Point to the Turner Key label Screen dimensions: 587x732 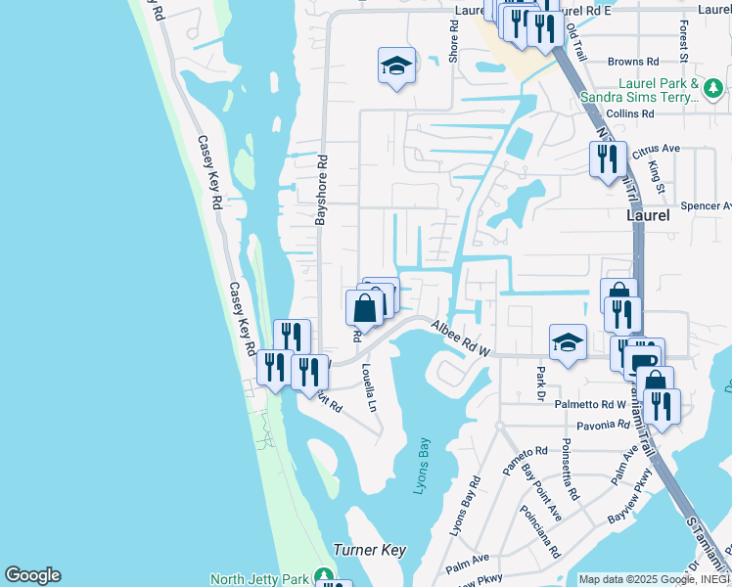[369, 550]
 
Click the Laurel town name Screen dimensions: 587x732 [648, 216]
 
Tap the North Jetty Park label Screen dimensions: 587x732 [259, 579]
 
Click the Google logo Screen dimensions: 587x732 [32, 575]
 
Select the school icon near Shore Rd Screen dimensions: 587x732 [396, 67]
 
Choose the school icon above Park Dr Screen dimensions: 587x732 [568, 343]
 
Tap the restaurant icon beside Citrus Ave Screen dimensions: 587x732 [608, 158]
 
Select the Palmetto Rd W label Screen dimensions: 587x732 [590, 404]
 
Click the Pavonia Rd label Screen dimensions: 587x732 [604, 425]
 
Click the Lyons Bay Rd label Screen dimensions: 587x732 [465, 507]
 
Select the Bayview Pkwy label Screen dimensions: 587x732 [629, 507]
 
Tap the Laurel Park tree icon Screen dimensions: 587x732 [714, 89]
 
